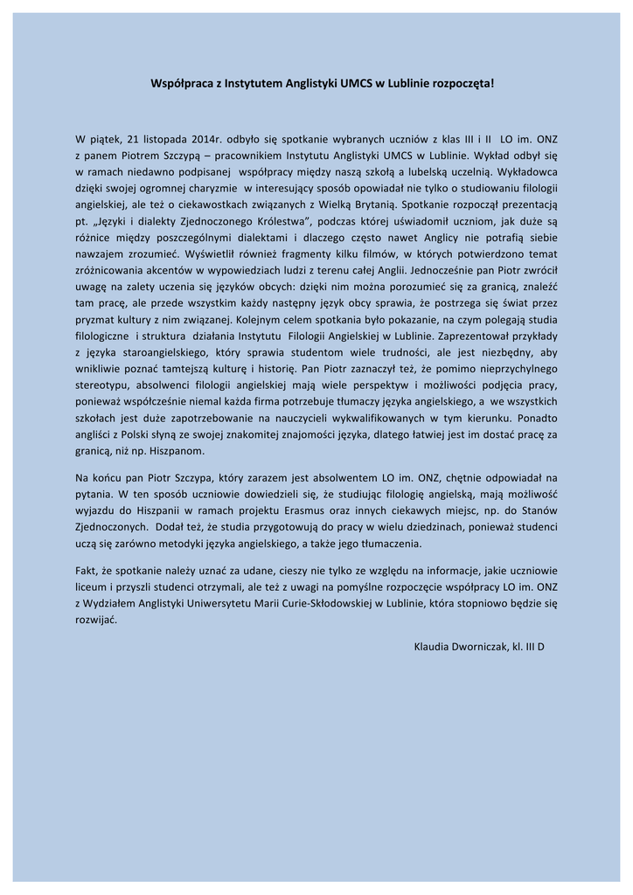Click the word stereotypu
point(104,385)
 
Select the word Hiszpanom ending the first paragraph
point(177,451)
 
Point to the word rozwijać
point(95,620)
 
